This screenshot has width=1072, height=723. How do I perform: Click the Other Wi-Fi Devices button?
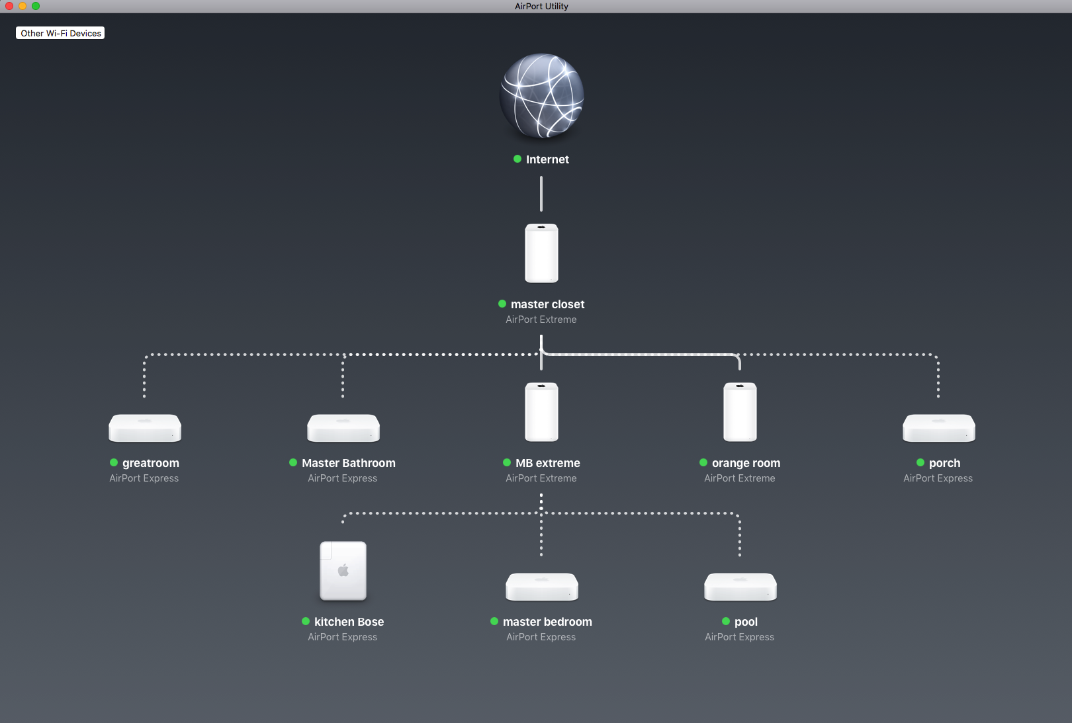pos(60,33)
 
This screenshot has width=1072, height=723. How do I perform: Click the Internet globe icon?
pos(541,96)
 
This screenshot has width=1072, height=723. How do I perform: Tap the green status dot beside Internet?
pos(517,159)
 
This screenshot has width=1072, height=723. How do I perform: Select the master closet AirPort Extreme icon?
pos(541,253)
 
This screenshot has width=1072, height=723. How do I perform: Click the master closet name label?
pos(547,304)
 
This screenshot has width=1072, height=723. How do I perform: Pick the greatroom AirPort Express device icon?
pos(145,428)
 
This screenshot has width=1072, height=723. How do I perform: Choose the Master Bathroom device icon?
pos(343,428)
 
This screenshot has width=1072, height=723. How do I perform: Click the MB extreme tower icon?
pos(541,411)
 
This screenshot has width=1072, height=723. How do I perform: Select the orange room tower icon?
pos(740,411)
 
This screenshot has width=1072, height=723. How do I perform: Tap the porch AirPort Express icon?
pos(938,428)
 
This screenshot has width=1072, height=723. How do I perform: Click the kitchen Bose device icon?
pos(343,571)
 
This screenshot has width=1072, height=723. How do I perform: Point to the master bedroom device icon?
pos(541,587)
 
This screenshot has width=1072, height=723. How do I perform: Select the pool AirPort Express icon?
pos(740,587)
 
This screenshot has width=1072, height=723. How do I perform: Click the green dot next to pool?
pos(726,621)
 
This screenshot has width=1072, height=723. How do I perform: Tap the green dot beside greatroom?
pos(114,462)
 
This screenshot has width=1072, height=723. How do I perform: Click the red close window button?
pos(9,6)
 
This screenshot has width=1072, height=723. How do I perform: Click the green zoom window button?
pos(36,6)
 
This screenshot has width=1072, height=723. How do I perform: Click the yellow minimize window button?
pos(22,6)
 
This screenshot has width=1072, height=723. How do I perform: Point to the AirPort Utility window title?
pos(541,6)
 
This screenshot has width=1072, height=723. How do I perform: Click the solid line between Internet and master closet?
pos(541,194)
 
